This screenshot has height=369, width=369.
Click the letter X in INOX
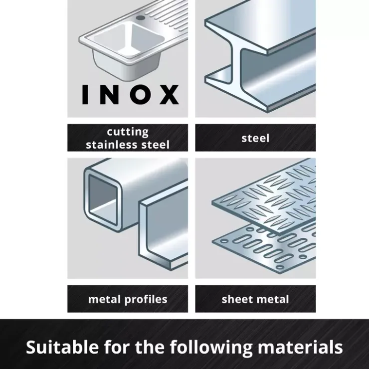coord(169,95)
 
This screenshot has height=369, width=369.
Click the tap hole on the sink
coord(141,17)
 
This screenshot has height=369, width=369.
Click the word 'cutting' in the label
coord(128,132)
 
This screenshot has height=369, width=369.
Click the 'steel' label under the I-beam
coord(255,138)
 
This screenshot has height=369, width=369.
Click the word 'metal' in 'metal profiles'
coord(104,299)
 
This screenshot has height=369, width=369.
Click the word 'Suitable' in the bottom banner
coord(62,347)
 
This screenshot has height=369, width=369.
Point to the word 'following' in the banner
coord(211,348)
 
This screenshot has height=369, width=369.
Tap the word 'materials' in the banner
coord(300,347)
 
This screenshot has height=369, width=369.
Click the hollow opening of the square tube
coord(103,200)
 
